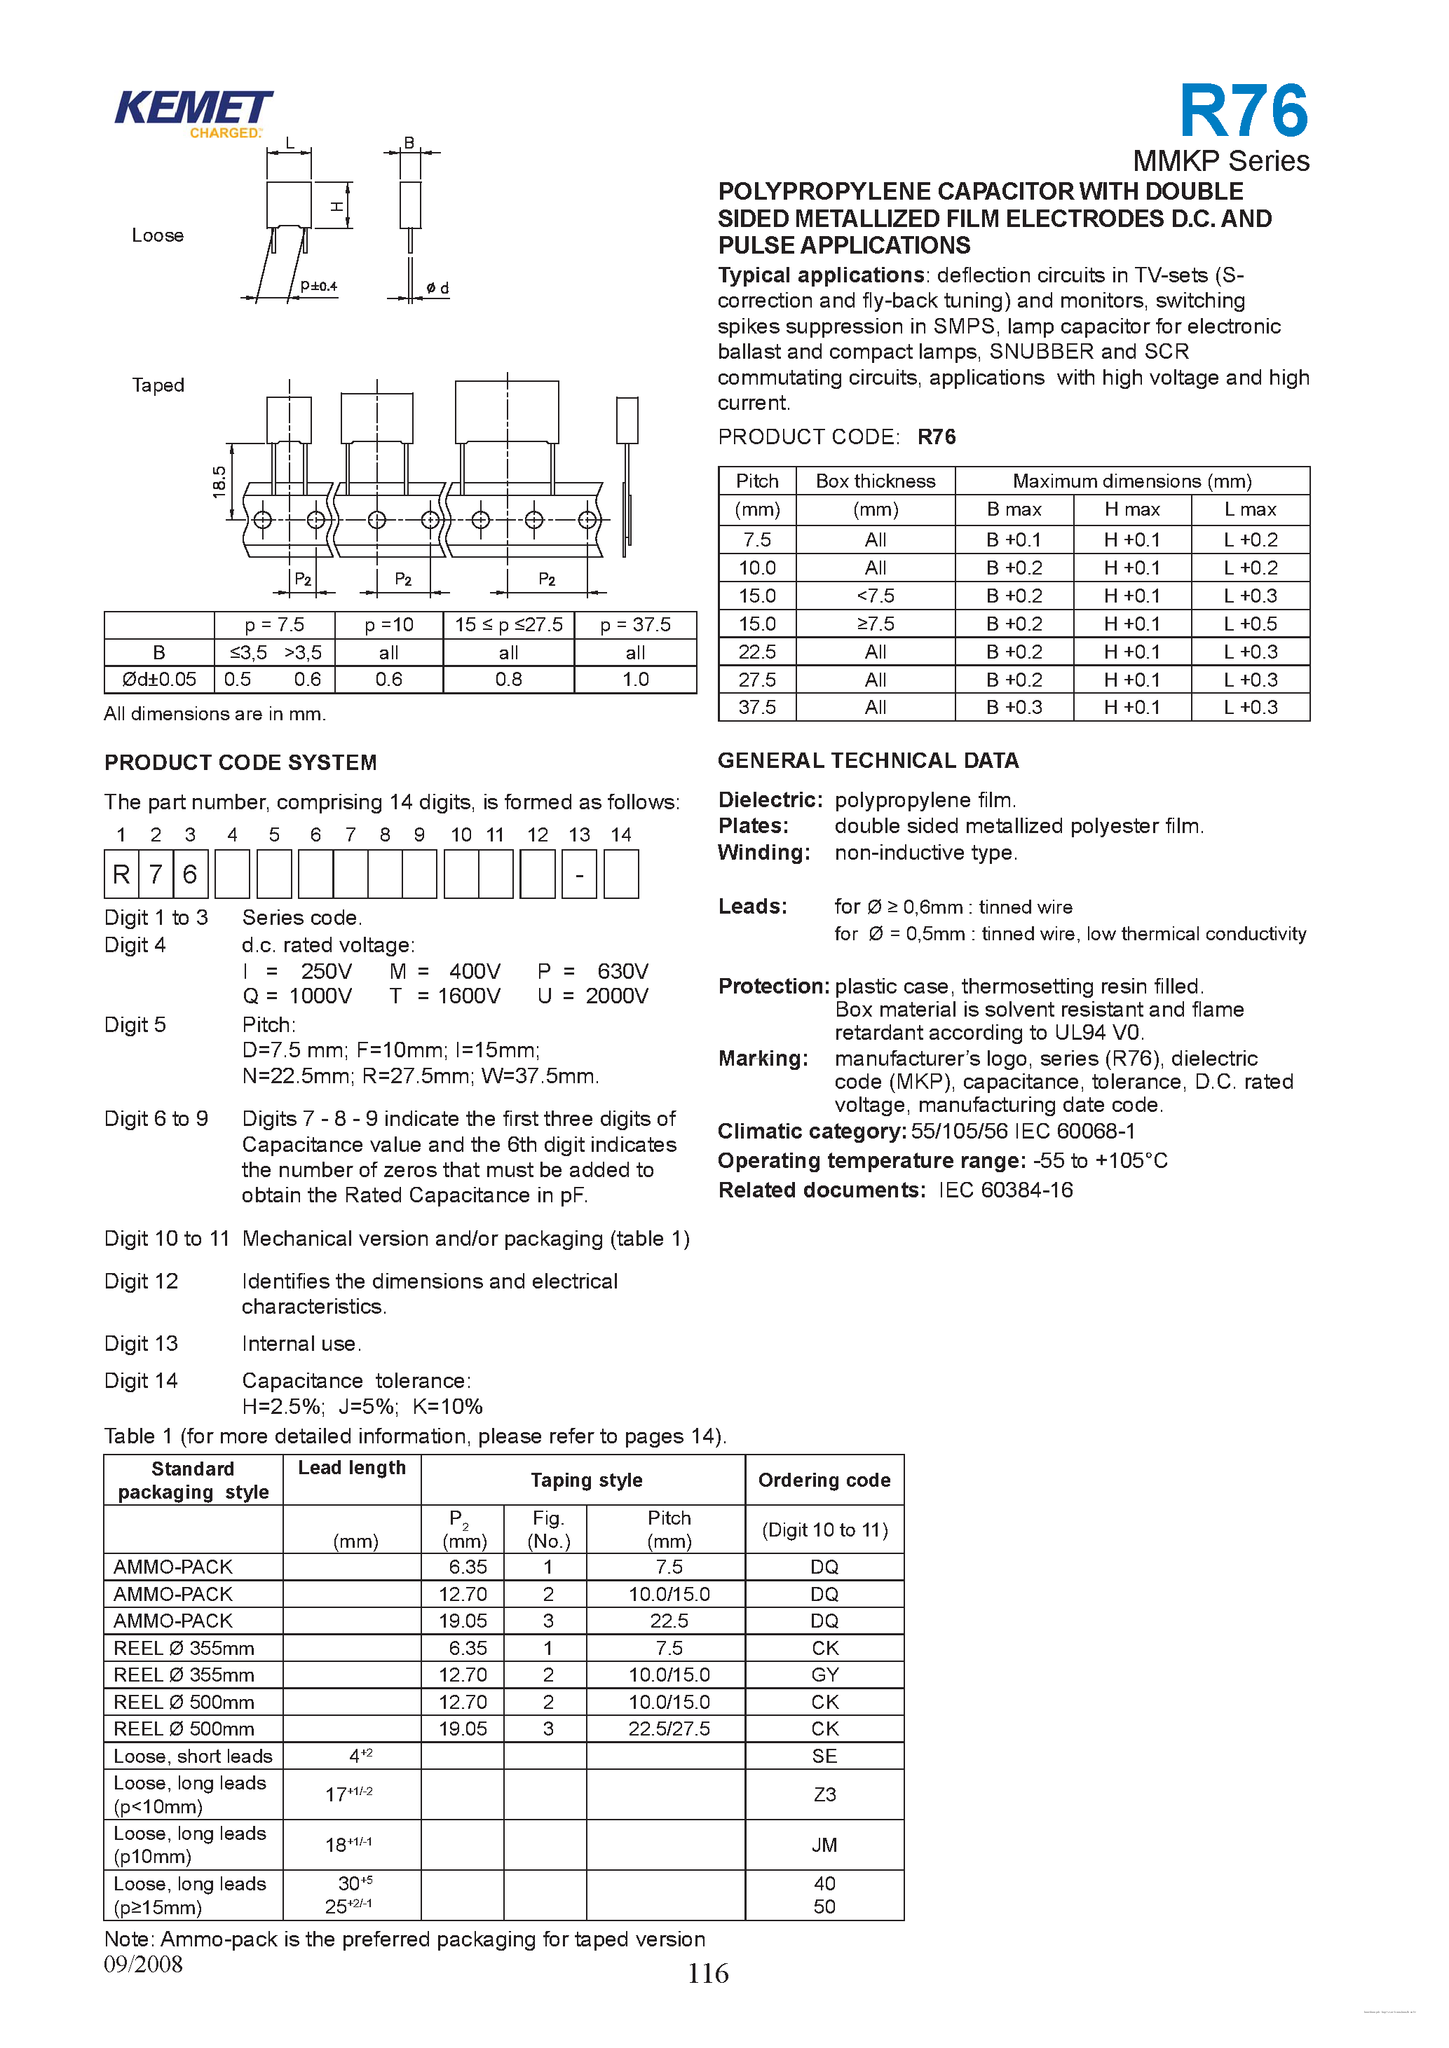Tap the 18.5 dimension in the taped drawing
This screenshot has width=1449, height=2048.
click(219, 481)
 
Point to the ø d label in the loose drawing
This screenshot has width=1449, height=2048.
click(437, 288)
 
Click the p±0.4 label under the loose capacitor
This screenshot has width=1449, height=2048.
click(318, 287)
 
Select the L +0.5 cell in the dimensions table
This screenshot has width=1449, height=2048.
click(1250, 624)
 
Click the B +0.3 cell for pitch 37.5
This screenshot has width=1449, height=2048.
click(1014, 708)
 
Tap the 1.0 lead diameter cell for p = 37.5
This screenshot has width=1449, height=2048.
click(635, 680)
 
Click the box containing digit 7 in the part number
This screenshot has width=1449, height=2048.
click(155, 874)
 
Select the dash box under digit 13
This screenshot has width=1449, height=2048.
click(579, 875)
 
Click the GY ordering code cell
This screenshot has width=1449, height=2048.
click(824, 1675)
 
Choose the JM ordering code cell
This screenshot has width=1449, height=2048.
click(824, 1845)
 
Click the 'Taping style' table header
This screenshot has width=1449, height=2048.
click(586, 1480)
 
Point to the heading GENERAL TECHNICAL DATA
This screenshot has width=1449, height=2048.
click(867, 760)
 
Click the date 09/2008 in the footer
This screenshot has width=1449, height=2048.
click(143, 1963)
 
